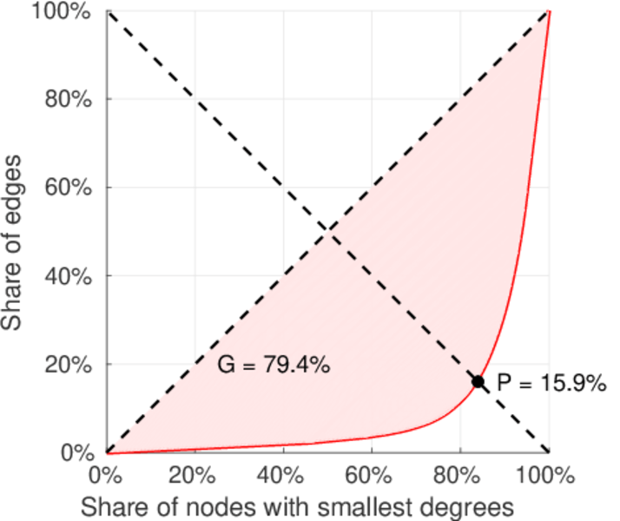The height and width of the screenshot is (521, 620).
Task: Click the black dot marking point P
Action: (478, 381)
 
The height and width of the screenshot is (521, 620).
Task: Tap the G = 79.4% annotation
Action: (273, 366)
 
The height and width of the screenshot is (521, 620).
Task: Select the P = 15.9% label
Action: (551, 382)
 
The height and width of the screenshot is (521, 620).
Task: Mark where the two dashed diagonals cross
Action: (327, 231)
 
